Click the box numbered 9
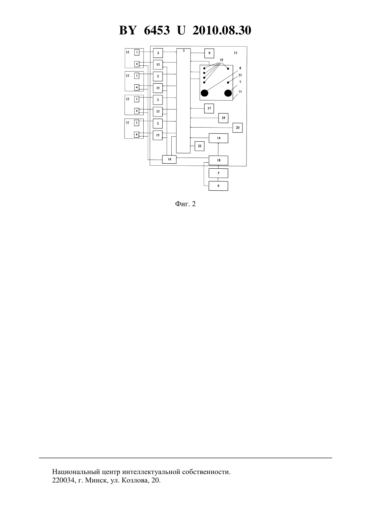click(x=209, y=53)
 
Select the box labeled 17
click(x=209, y=108)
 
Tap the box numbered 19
click(x=223, y=118)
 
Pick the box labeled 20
click(x=237, y=128)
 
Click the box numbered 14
click(x=218, y=138)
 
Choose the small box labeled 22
click(x=200, y=146)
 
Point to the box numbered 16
click(x=169, y=159)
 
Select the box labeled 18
click(x=218, y=160)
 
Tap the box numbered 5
click(x=218, y=173)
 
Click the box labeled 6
click(x=218, y=186)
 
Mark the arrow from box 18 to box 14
click(x=218, y=149)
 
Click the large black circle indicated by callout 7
click(x=228, y=93)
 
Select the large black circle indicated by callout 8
click(x=204, y=93)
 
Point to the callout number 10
click(x=221, y=60)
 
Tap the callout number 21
click(x=240, y=75)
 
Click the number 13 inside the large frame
click(x=235, y=53)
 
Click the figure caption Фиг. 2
click(x=185, y=204)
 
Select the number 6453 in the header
click(x=157, y=30)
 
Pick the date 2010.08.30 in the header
click(x=222, y=30)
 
